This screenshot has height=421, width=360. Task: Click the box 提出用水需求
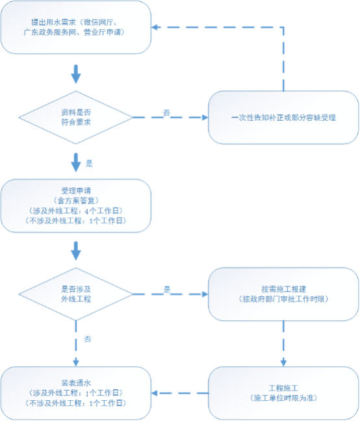[x=76, y=27]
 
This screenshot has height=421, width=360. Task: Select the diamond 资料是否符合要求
[x=76, y=118]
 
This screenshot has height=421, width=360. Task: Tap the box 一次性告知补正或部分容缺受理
[x=283, y=118]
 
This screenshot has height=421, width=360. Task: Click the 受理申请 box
[x=76, y=206]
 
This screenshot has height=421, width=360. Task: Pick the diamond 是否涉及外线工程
[x=76, y=294]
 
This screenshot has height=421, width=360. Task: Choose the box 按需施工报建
[x=283, y=294]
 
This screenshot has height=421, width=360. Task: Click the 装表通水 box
[x=76, y=393]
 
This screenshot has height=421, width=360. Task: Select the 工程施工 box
[x=283, y=393]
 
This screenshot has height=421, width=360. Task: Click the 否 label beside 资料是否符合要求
[x=167, y=113]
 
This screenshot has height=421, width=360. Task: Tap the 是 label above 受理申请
[x=89, y=164]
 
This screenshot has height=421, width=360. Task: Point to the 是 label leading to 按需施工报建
[x=167, y=290]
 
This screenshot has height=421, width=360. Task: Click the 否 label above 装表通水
[x=88, y=339]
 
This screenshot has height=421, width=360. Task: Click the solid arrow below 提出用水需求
[x=76, y=74]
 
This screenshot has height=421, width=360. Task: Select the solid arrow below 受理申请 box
[x=76, y=251]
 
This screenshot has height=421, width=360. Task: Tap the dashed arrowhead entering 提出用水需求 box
[x=155, y=27]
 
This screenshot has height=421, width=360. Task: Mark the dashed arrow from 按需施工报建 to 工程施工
[x=283, y=344]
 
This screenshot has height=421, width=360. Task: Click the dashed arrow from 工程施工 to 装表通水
[x=180, y=393]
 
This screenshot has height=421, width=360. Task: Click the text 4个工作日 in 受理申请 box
[x=102, y=210]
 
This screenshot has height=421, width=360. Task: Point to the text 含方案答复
[x=76, y=201]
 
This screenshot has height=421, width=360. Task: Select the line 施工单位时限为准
[x=284, y=398]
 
